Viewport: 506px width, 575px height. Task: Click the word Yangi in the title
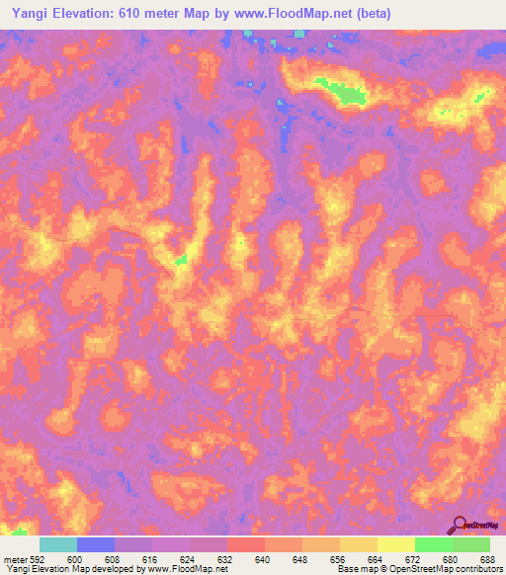tap(27, 13)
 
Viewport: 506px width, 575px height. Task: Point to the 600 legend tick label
tap(75, 559)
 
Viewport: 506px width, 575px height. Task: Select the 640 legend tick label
tap(263, 559)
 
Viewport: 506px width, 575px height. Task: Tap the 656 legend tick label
tap(338, 559)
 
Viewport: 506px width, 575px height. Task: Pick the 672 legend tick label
tap(413, 559)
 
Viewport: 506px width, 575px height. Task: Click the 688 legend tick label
tap(488, 559)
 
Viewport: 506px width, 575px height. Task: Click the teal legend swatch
tap(58, 544)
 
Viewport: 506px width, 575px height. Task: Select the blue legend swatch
tap(96, 544)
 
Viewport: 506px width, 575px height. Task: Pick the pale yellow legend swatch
tap(396, 544)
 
